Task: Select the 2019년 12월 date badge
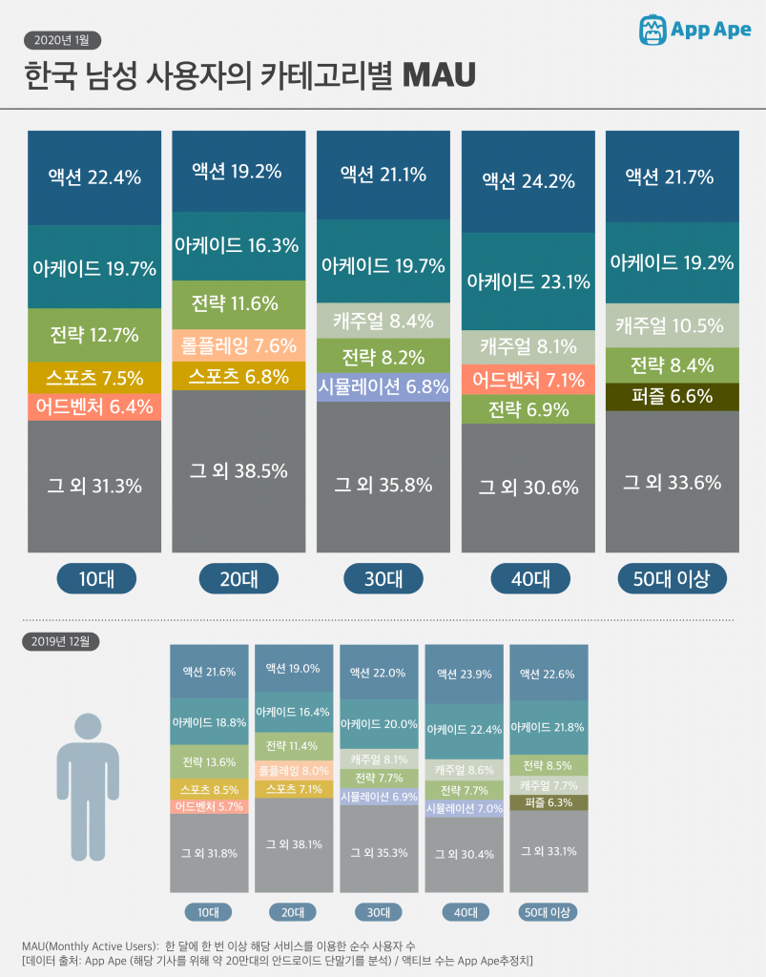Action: point(60,641)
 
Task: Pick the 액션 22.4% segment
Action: point(94,177)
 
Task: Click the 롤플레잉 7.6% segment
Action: point(238,345)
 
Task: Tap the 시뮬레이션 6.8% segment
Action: point(383,386)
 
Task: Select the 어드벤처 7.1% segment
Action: point(528,381)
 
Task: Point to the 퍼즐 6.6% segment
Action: point(672,396)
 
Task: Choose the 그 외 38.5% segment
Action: point(238,470)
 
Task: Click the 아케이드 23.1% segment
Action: point(528,281)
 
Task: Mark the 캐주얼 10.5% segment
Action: point(672,325)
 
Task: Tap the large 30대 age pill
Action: point(383,578)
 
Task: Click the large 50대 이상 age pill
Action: point(672,578)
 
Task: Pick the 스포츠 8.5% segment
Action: point(207,789)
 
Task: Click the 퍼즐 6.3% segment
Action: point(549,802)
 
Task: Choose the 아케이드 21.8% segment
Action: point(549,727)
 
